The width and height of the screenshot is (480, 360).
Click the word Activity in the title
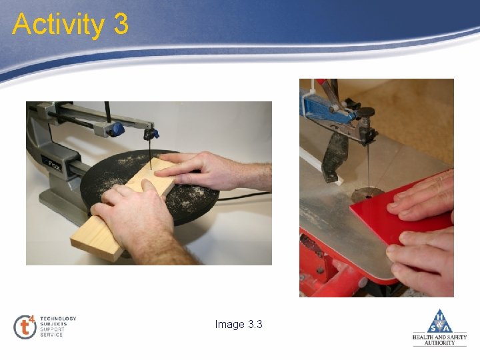click(x=57, y=25)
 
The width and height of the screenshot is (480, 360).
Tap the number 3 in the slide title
click(x=121, y=25)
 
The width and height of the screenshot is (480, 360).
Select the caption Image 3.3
click(x=239, y=324)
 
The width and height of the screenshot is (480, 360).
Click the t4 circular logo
click(x=25, y=326)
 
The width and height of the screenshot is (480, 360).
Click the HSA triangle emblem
click(x=439, y=321)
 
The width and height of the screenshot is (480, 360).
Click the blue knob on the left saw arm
click(x=117, y=128)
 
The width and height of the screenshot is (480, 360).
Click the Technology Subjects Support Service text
click(x=59, y=326)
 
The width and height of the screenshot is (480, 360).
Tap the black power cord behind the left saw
click(x=247, y=195)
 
